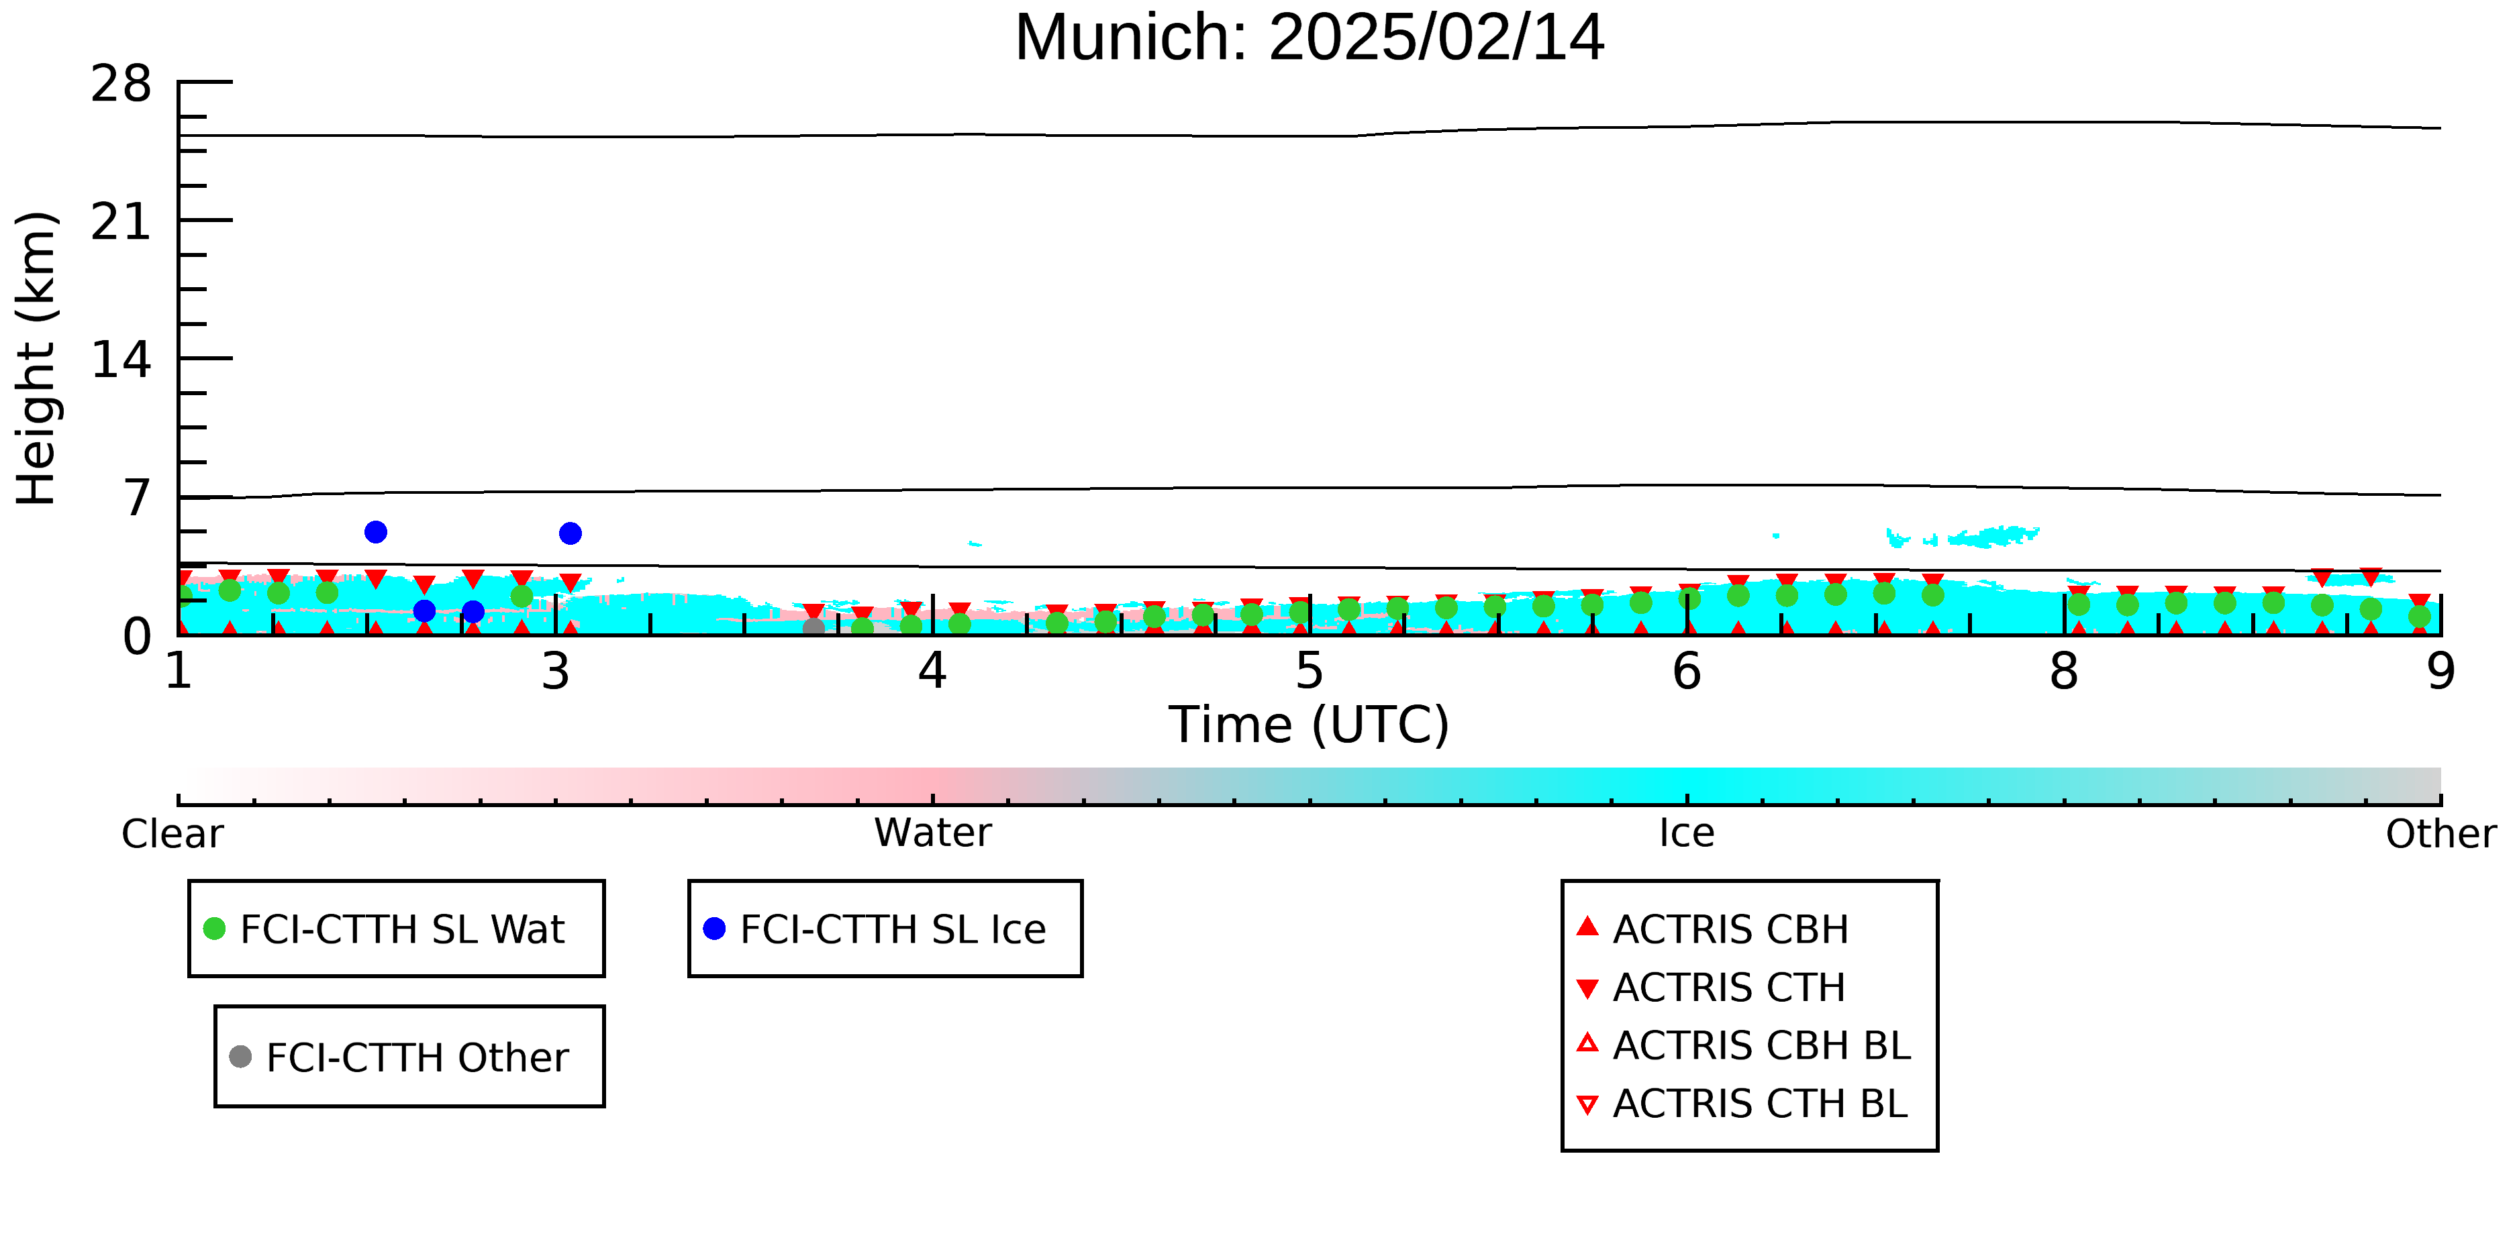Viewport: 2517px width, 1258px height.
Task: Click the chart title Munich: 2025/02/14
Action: [1310, 38]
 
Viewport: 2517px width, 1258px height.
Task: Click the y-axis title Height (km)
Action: [37, 358]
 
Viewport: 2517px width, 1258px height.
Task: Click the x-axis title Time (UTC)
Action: [1310, 725]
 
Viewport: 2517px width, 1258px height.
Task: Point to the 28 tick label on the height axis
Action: [121, 83]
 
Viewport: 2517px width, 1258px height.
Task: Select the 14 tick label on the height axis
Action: [121, 360]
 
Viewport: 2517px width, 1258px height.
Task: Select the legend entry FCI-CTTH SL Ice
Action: [875, 929]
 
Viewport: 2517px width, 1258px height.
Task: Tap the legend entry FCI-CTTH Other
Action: [399, 1057]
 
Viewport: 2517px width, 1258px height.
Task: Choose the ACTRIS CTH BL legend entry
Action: [1742, 1104]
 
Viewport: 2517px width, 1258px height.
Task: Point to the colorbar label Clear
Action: [172, 834]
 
